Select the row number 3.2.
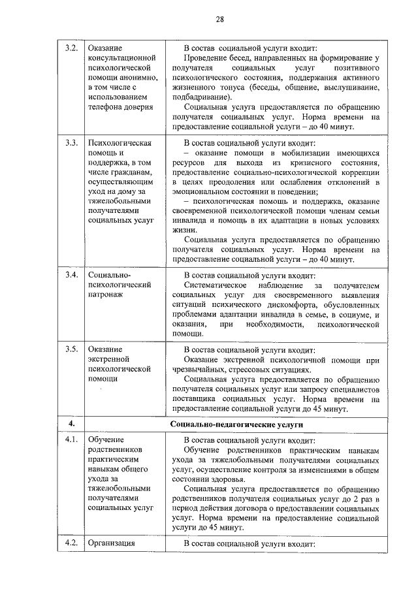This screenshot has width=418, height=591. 72,48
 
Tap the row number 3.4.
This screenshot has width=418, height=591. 72,274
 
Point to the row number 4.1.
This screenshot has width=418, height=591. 72,440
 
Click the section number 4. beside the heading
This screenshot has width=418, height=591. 72,424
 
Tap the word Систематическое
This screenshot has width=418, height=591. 215,285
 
